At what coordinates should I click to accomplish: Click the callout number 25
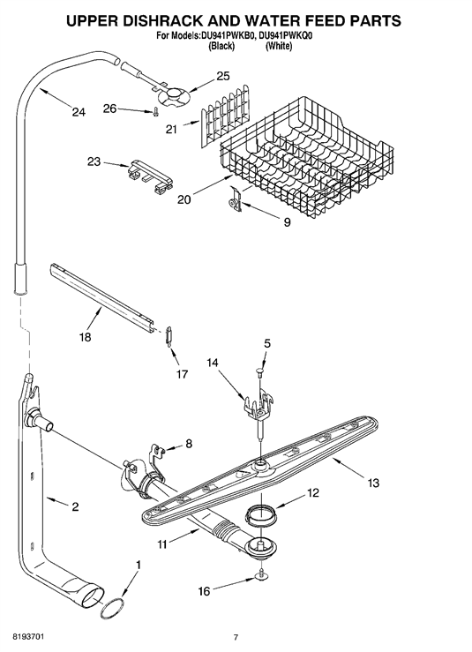pos(223,76)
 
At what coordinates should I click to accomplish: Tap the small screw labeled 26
pos(155,112)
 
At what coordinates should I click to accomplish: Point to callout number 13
pos(373,483)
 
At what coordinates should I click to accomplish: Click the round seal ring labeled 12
pos(260,512)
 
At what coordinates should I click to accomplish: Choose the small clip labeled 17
pos(169,335)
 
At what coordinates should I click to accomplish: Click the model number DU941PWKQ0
pos(285,36)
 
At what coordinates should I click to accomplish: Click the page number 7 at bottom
pos(236,637)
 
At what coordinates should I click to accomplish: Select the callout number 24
pos(78,111)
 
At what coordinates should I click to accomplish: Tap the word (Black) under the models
pos(221,46)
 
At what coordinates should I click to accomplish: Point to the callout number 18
pos(85,336)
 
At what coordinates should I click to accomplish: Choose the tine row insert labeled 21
pos(226,110)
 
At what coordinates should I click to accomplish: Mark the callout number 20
pos(184,199)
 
